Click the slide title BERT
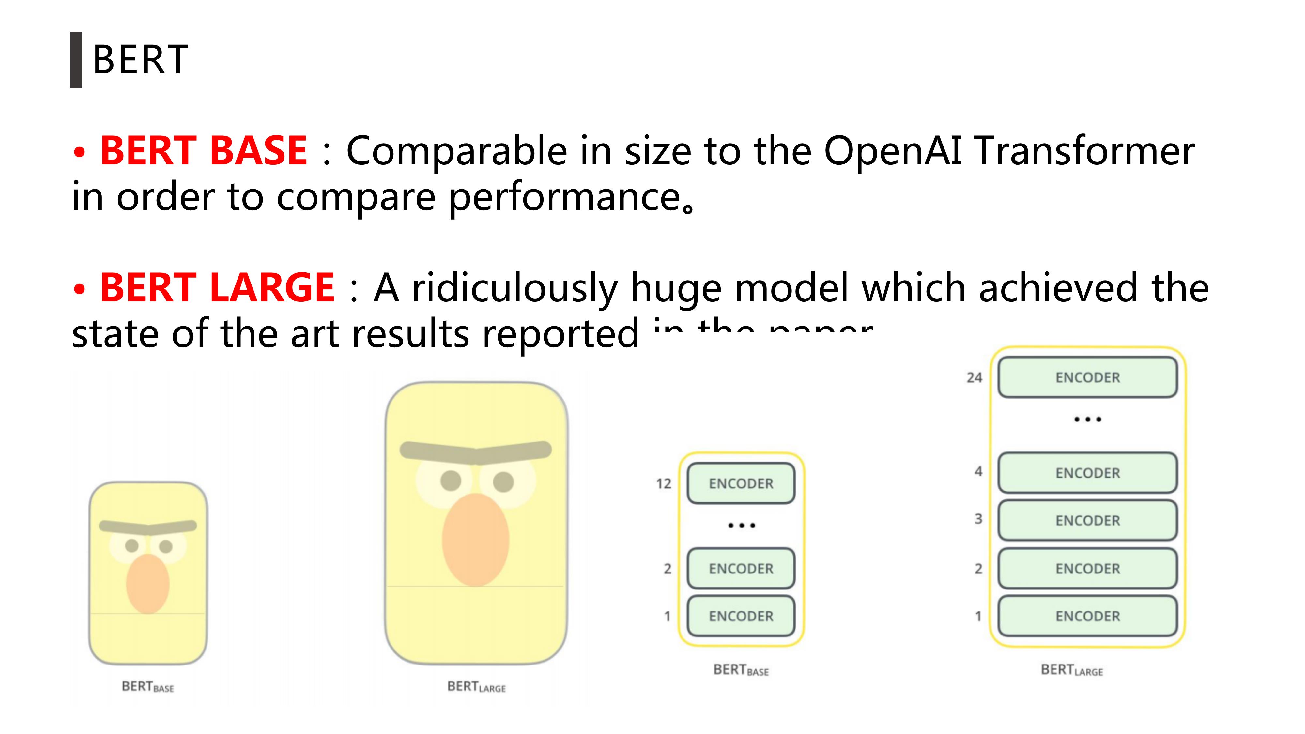(140, 60)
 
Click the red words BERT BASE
(203, 151)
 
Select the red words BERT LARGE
(217, 288)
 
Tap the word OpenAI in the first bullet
(892, 151)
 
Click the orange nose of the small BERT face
(147, 584)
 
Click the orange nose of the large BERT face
(475, 540)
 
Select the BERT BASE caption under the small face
(147, 687)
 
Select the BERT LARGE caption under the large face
(476, 687)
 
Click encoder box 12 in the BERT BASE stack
(741, 483)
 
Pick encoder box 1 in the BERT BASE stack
(741, 616)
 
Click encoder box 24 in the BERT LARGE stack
(1087, 377)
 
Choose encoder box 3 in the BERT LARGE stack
(1087, 520)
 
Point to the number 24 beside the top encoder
(974, 377)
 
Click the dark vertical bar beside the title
(76, 60)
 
